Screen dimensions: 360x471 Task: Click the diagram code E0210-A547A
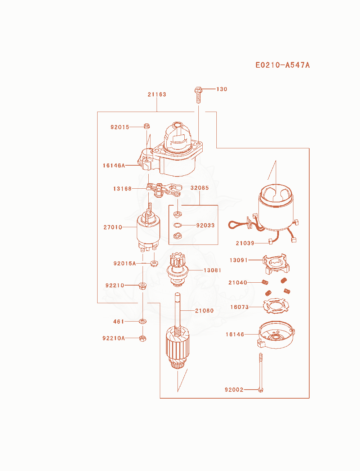click(x=283, y=65)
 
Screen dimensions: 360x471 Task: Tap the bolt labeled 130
click(x=198, y=95)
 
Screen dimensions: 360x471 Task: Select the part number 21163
click(x=157, y=94)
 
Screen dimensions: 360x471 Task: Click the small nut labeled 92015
click(x=147, y=126)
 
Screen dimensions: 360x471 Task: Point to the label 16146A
click(x=114, y=165)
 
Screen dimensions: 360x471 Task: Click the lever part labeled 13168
click(x=164, y=190)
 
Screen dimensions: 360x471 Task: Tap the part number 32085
click(x=199, y=188)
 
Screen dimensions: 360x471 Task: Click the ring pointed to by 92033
click(x=177, y=225)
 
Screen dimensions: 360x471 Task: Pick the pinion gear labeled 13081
click(x=177, y=269)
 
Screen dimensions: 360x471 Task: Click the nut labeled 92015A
click(x=154, y=263)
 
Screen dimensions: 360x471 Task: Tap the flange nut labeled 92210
click(x=143, y=286)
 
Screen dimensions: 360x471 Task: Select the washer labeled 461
click(x=143, y=321)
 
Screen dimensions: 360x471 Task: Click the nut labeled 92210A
click(x=143, y=338)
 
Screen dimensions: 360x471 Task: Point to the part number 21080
click(x=204, y=311)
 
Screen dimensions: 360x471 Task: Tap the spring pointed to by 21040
click(x=265, y=282)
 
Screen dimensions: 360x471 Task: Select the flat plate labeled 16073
click(x=276, y=306)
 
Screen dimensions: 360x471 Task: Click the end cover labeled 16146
click(x=276, y=335)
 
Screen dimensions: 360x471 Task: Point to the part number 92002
click(x=234, y=390)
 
